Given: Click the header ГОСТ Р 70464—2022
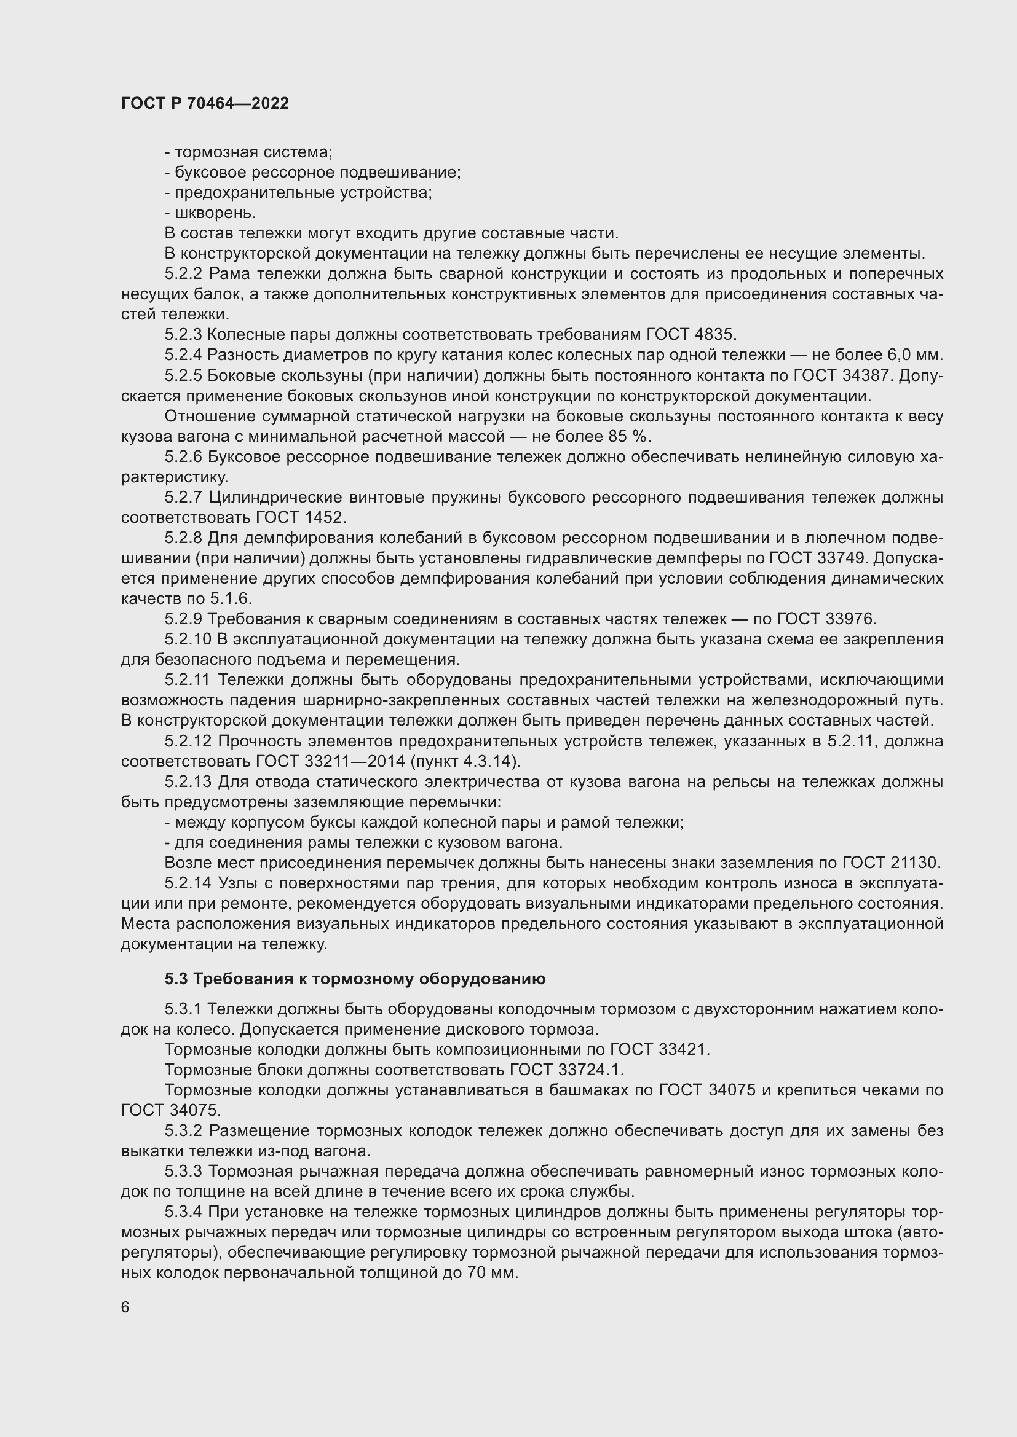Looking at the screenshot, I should click(x=205, y=103).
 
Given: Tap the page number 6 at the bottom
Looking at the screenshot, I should click(x=125, y=1307).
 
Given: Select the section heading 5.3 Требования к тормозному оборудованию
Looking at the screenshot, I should click(x=355, y=978).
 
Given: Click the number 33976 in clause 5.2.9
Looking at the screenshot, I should click(x=849, y=619).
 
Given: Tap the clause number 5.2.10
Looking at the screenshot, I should click(x=189, y=640).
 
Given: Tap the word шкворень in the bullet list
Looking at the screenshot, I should click(x=215, y=213).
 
